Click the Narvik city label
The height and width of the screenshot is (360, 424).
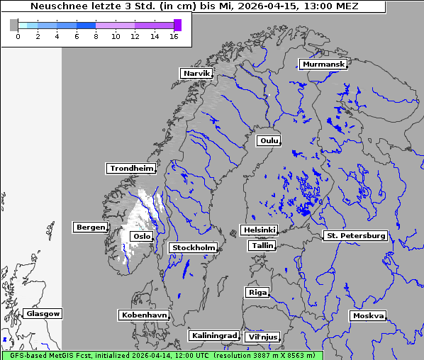[x=196, y=73]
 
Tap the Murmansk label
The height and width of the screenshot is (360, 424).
[x=323, y=64]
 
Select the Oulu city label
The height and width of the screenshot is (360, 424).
[x=269, y=140]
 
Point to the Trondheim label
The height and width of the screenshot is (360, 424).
[x=131, y=168]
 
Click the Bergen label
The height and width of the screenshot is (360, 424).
[x=89, y=227]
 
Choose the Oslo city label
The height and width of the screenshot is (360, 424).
[x=141, y=236]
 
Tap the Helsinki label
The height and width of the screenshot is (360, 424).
[x=259, y=230]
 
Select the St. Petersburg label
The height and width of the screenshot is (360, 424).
[x=355, y=235]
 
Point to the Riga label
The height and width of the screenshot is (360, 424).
[x=257, y=292]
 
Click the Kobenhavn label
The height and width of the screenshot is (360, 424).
[x=144, y=314]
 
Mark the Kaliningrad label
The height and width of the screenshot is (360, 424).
[x=213, y=335]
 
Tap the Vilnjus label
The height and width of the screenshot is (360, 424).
[x=262, y=337]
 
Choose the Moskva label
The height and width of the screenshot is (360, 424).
[x=368, y=315]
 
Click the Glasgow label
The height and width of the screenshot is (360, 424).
[x=43, y=313]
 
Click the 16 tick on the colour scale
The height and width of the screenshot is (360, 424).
[x=174, y=36]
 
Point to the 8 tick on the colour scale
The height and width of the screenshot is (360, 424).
[x=96, y=36]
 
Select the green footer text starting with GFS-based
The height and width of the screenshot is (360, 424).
[x=162, y=355]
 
